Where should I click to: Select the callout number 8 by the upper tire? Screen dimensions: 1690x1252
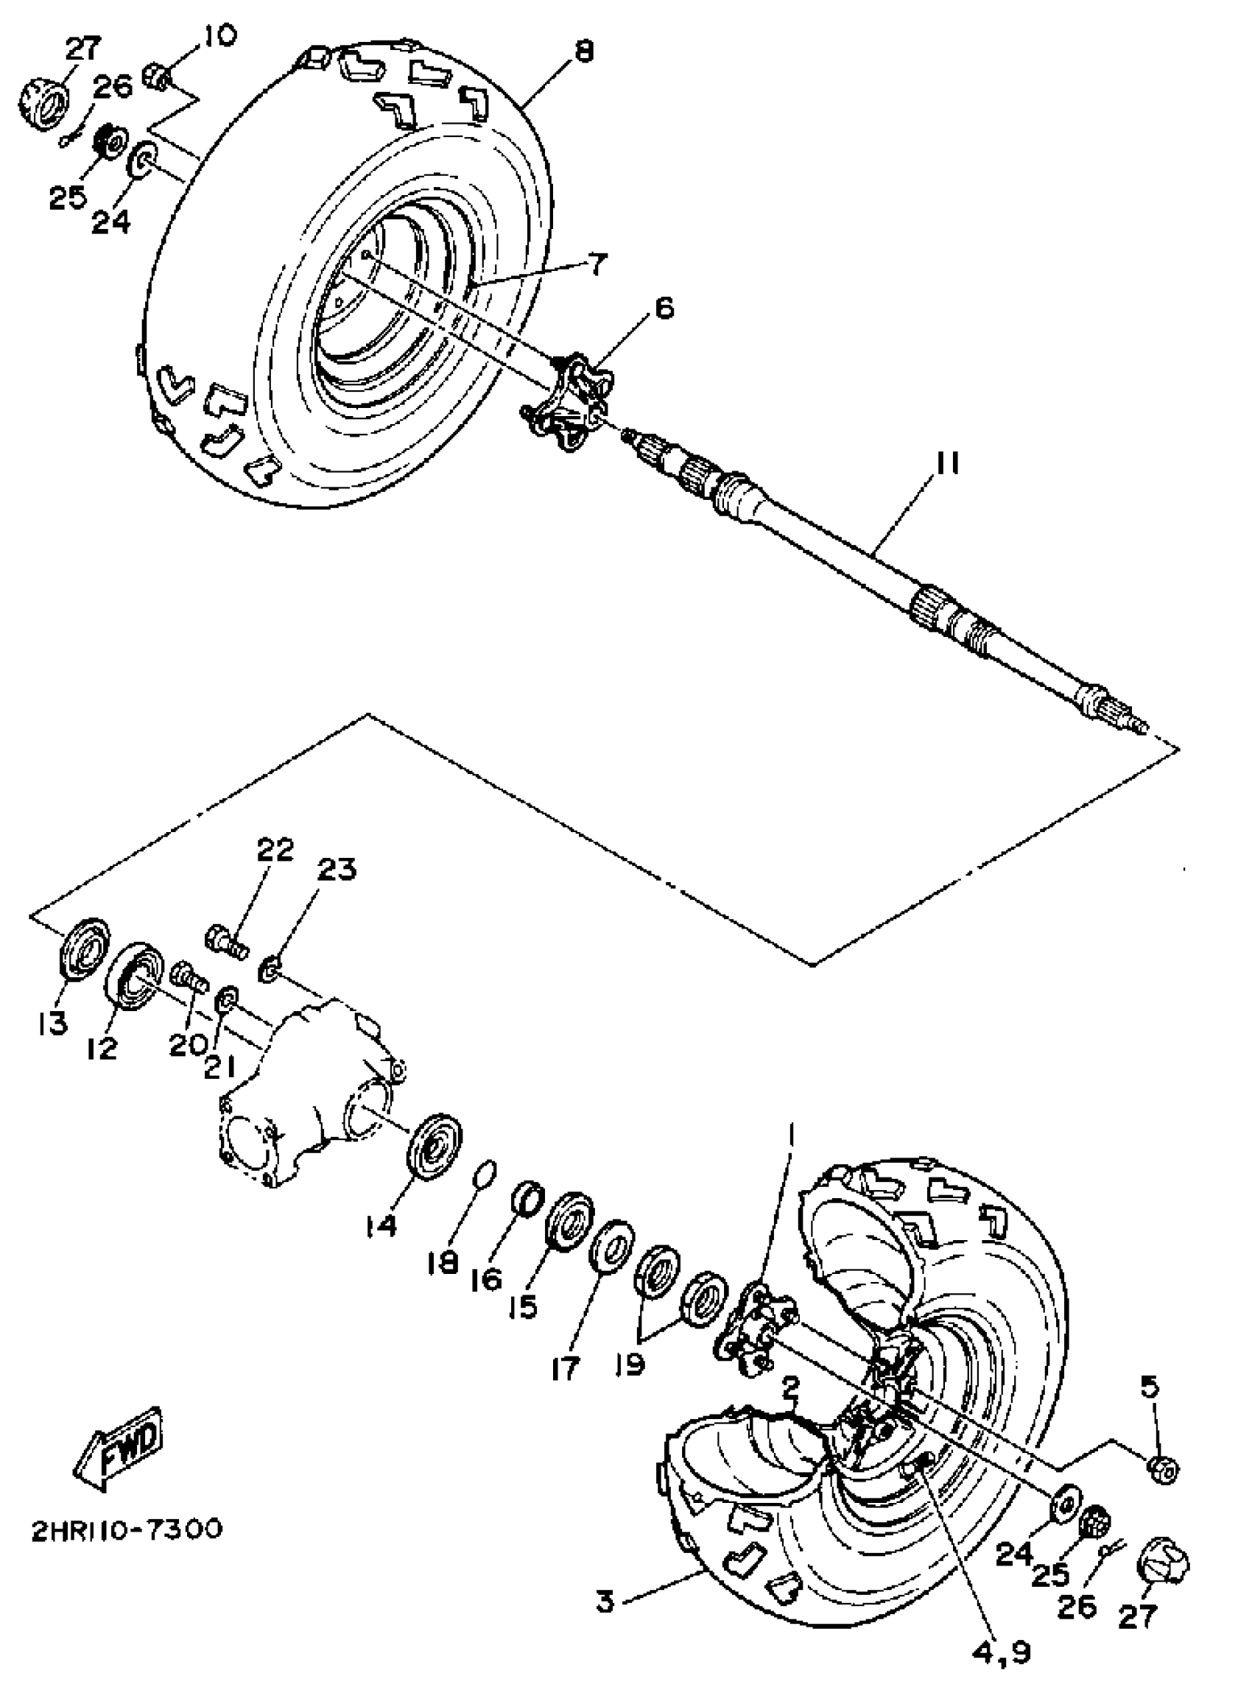tap(583, 51)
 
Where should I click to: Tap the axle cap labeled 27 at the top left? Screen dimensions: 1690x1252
tap(43, 106)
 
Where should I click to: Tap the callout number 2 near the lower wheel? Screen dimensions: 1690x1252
tap(789, 1388)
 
